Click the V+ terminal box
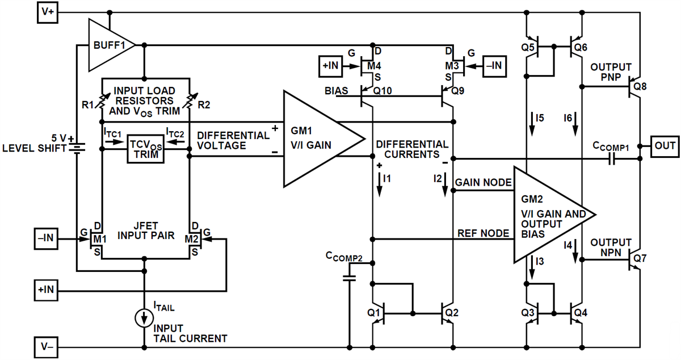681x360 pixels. pyautogui.click(x=48, y=12)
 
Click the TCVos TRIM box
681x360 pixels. pyautogui.click(x=144, y=149)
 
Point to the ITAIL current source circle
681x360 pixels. pyautogui.click(x=145, y=318)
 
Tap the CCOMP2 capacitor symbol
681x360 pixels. pyautogui.click(x=350, y=278)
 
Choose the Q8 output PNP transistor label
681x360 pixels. pyautogui.click(x=640, y=87)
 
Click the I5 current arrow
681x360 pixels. pyautogui.click(x=532, y=122)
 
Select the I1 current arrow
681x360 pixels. pyautogui.click(x=380, y=183)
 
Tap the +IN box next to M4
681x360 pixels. pyautogui.click(x=330, y=66)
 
